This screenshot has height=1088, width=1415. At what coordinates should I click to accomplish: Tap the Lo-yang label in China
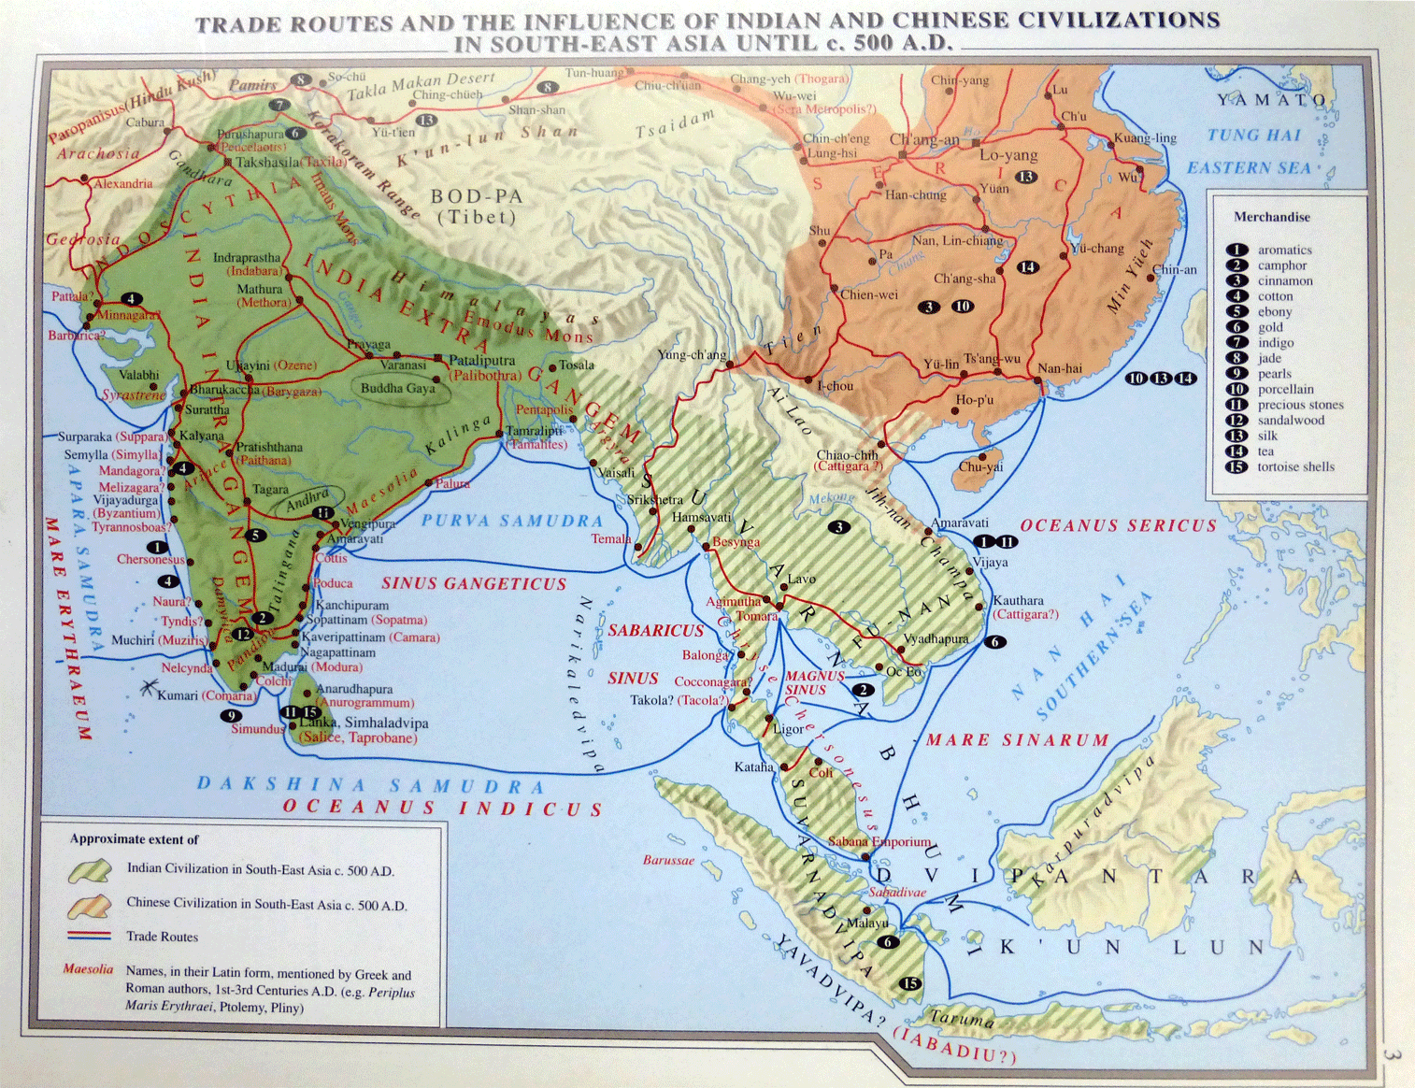point(1008,155)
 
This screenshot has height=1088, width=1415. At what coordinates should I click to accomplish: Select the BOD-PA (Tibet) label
point(477,207)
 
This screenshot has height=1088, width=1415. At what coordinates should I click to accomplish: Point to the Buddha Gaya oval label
point(398,388)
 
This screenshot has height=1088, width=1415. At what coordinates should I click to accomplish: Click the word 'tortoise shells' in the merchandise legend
point(1295,467)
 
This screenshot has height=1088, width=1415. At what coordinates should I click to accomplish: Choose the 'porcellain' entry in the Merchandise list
point(1285,390)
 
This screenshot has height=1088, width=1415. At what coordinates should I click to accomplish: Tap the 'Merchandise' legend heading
point(1271,217)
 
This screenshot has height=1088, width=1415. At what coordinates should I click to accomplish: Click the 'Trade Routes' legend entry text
point(163,937)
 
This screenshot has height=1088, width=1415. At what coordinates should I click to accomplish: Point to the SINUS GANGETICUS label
point(474,584)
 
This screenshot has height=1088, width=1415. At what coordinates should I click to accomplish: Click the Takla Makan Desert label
point(421,86)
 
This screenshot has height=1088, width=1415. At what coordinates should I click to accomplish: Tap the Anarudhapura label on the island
point(354,689)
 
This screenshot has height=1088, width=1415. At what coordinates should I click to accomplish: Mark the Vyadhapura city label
point(936,639)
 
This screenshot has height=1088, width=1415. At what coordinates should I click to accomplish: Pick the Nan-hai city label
point(1060,368)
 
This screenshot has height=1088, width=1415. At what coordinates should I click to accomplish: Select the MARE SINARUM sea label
point(1017,740)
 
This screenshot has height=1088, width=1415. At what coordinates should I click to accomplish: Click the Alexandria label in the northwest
point(122,184)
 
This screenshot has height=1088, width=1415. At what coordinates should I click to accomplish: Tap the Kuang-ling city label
point(1145,138)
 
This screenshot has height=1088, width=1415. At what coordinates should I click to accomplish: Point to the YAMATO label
point(1271,100)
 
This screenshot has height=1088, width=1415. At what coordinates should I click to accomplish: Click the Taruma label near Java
point(962,1019)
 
